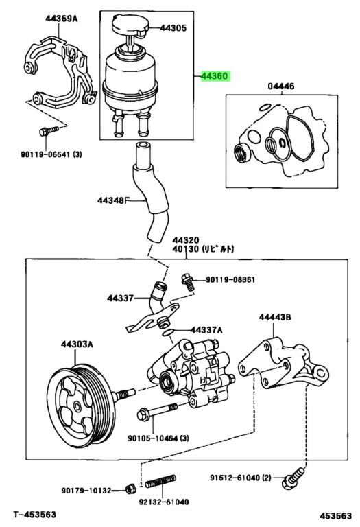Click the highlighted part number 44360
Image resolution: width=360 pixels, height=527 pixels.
click(215, 76)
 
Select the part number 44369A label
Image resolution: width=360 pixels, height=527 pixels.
click(62, 19)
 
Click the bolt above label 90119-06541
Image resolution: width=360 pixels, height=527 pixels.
click(49, 131)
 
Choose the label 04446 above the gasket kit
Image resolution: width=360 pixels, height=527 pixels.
click(281, 86)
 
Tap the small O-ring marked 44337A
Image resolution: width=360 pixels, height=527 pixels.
click(167, 332)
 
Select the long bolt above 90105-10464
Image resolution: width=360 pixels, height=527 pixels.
click(157, 412)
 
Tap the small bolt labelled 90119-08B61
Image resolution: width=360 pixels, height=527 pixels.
click(188, 282)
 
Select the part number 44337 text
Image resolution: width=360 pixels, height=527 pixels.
click(121, 298)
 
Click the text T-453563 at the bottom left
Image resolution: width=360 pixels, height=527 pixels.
click(34, 514)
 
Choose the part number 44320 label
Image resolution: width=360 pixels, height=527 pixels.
click(186, 240)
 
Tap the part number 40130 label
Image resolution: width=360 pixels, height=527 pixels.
click(186, 249)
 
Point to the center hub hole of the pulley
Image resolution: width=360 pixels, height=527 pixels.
click(77, 407)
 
